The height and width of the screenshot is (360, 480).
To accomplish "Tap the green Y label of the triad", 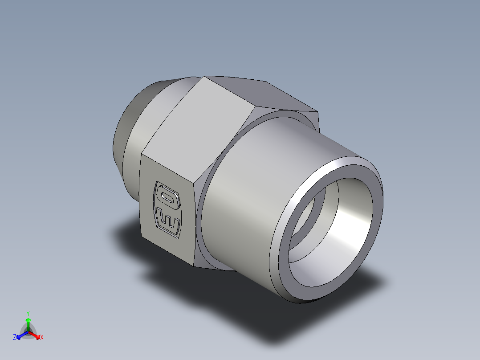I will tap(28, 313).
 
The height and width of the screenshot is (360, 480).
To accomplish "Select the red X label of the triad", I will tap(42, 338).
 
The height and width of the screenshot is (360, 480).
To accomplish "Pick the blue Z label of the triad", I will tap(15, 338).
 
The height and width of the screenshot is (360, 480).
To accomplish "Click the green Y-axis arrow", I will tap(28, 323).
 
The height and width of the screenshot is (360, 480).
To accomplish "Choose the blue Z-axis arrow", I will tap(20, 335).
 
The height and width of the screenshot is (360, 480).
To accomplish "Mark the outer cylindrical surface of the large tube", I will tap(267, 178).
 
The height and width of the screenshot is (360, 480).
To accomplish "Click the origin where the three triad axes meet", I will tap(28, 332).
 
